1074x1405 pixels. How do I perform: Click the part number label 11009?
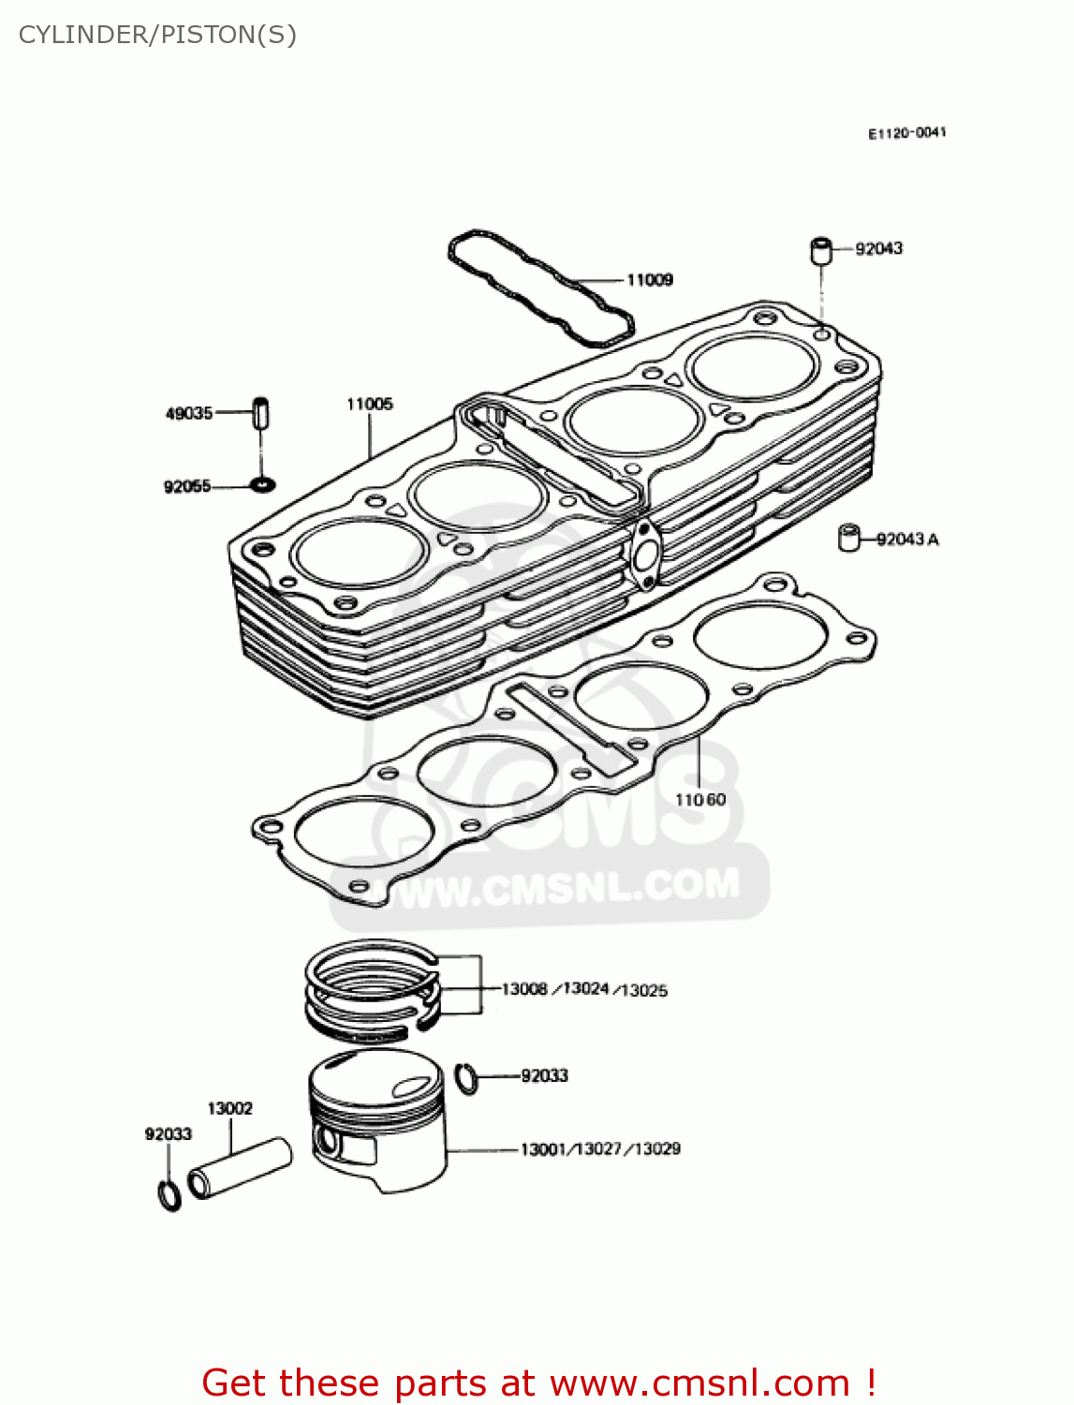[649, 280]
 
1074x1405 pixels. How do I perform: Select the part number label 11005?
[370, 405]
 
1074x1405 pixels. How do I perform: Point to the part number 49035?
[189, 413]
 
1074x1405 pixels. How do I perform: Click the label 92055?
[187, 486]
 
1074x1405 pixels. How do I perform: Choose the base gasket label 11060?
[700, 800]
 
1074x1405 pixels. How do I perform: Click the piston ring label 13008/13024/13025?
[584, 990]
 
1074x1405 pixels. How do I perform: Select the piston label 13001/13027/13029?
[600, 1149]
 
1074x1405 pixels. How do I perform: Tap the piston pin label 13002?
[229, 1109]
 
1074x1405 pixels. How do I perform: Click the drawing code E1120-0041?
[906, 134]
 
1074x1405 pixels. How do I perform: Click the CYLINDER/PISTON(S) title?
[157, 36]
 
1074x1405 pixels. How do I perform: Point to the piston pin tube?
[241, 1167]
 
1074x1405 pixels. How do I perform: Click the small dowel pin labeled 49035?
[261, 413]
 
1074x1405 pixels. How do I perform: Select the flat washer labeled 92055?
[262, 485]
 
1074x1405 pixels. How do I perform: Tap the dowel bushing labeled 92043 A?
[848, 538]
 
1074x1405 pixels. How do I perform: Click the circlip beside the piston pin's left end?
[169, 1195]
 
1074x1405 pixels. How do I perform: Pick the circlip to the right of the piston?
[466, 1078]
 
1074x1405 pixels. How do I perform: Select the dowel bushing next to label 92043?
[821, 250]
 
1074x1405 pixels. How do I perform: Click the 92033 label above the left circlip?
[169, 1134]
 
